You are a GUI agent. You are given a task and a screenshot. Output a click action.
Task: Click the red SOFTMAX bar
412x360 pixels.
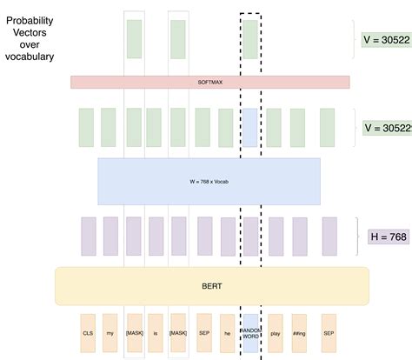point(209,82)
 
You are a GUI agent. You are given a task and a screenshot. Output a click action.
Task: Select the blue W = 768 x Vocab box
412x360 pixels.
point(209,181)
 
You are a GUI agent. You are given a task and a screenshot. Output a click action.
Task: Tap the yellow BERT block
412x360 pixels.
point(212,285)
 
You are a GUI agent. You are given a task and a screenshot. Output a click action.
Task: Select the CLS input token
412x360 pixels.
point(88,333)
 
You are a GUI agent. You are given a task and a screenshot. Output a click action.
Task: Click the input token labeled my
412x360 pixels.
point(110,333)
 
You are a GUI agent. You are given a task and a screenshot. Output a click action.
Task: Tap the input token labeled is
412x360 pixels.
point(156,333)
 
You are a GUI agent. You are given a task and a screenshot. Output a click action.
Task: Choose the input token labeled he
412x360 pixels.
point(227,333)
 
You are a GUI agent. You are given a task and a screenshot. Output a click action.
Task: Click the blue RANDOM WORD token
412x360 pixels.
point(250,333)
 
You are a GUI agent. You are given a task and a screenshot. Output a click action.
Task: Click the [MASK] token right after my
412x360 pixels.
point(134,333)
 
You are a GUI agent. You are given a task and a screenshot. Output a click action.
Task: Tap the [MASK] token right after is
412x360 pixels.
point(178,333)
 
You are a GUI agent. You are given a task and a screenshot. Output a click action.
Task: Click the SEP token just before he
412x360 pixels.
point(203,333)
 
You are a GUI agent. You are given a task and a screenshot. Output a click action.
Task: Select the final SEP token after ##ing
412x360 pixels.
point(328,333)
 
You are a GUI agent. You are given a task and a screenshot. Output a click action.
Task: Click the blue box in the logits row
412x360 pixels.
point(250,127)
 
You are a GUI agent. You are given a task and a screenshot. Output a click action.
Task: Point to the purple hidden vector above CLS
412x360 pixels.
point(88,235)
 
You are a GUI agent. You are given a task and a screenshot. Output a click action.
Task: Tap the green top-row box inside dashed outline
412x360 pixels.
point(250,39)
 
